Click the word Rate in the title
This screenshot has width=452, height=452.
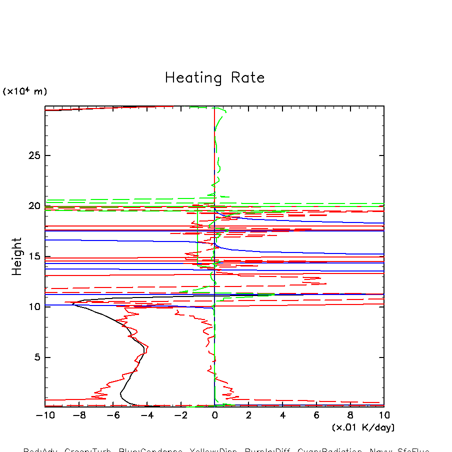click(x=247, y=78)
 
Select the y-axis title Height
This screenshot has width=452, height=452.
click(x=17, y=256)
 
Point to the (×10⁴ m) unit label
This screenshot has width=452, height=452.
click(x=25, y=91)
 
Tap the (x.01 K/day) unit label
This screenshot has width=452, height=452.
click(x=363, y=427)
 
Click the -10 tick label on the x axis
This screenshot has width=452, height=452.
click(x=45, y=415)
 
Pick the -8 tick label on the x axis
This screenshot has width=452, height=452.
click(x=79, y=415)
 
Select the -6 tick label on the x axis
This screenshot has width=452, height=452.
click(x=113, y=415)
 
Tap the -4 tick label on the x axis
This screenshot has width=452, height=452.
click(x=147, y=415)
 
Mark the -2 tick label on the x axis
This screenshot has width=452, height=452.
click(x=180, y=415)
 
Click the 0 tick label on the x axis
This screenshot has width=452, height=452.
click(x=214, y=415)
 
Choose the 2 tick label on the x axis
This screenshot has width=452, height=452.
click(x=248, y=415)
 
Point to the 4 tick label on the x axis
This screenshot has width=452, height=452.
click(x=282, y=415)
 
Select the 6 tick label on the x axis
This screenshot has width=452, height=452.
click(x=316, y=415)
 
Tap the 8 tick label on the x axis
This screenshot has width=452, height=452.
click(x=350, y=415)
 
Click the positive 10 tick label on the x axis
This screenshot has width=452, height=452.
click(x=384, y=415)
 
